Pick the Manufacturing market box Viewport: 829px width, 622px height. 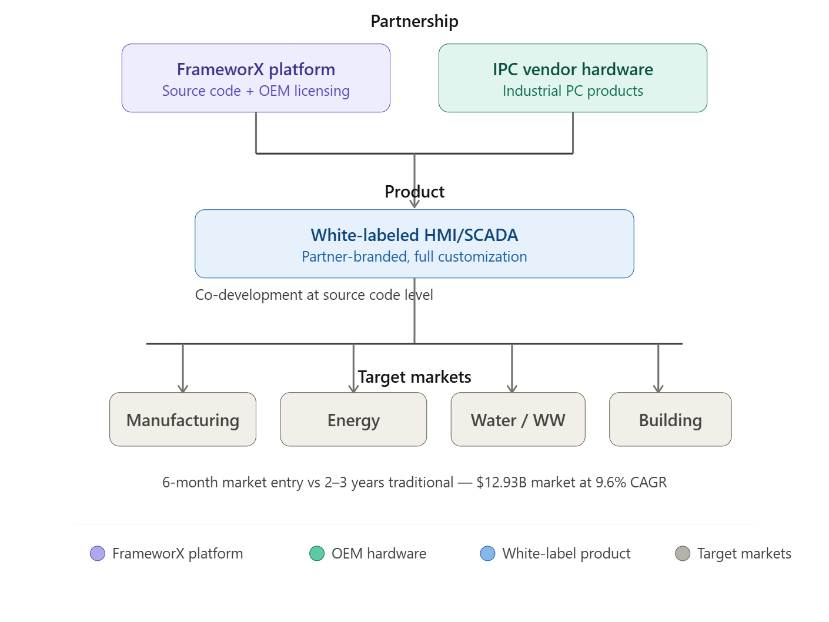pos(183,420)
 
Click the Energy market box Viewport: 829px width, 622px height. pos(353,420)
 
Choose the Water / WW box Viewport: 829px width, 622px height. pos(518,420)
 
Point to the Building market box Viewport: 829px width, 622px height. pos(670,420)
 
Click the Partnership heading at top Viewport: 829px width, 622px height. pos(414,22)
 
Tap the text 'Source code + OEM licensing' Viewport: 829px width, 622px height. pos(256,91)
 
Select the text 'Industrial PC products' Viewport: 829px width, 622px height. pos(573,91)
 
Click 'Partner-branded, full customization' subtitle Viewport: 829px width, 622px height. pos(414,257)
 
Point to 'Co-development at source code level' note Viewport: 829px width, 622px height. pos(314,295)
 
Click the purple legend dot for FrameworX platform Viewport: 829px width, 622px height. pos(98,554)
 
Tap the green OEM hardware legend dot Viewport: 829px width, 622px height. pos(317,554)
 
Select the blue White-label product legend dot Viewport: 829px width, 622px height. pos(487,554)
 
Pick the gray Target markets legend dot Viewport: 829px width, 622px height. pos(683,554)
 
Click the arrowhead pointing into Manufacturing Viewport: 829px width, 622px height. pos(183,388)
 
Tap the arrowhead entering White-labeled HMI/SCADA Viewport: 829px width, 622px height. pos(414,204)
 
